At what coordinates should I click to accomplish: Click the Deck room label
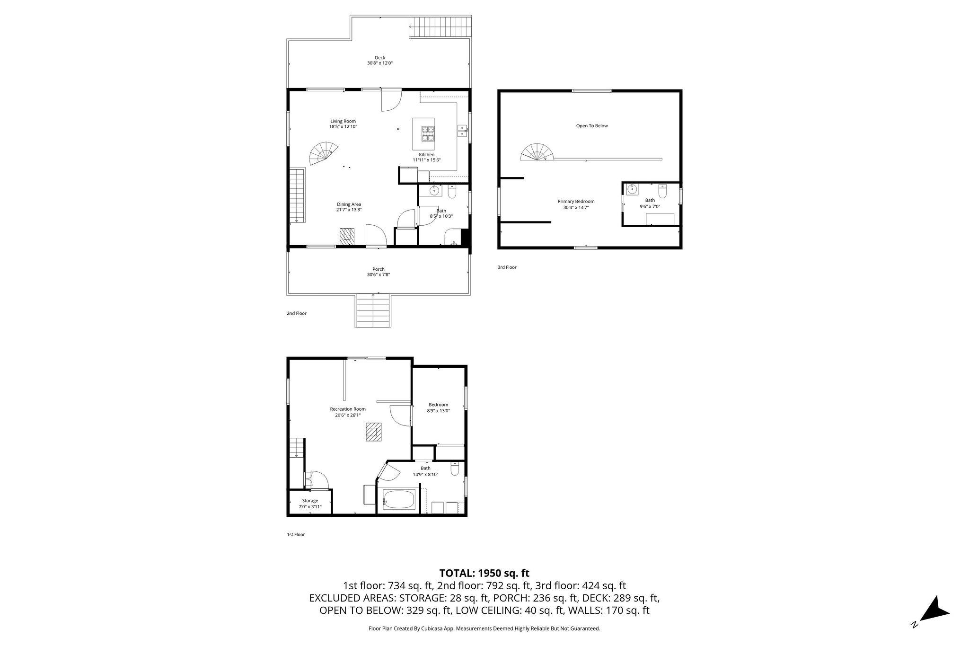point(380,58)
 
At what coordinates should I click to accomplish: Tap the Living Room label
point(343,121)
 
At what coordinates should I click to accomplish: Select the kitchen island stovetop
point(429,133)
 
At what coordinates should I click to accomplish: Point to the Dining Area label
point(349,204)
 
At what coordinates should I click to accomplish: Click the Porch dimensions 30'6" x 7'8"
point(379,275)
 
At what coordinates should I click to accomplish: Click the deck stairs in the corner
point(440,27)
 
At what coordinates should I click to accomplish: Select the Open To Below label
point(592,126)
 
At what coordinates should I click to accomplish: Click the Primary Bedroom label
point(576,202)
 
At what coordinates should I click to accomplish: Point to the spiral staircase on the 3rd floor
point(537,153)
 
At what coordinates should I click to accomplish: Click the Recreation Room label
point(348,409)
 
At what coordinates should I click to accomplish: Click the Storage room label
point(310,501)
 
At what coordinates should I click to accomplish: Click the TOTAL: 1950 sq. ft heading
point(484,573)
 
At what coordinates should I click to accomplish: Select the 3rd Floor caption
point(507,267)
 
